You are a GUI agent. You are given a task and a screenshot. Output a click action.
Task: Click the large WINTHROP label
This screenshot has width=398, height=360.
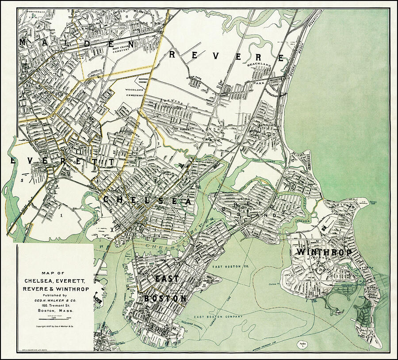click(324, 252)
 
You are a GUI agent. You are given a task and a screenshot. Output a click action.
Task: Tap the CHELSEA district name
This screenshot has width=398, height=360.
click(147, 201)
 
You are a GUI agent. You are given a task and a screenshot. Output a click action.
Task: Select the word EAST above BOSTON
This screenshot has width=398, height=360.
click(167, 279)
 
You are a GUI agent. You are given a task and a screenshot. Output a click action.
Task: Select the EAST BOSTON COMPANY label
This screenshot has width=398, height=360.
click(218, 317)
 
